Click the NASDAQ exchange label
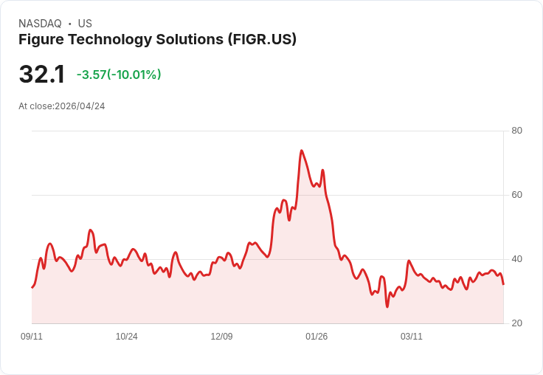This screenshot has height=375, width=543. (x=40, y=24)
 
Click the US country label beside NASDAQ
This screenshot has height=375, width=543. (x=85, y=24)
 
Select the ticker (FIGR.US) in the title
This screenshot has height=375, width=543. (x=262, y=39)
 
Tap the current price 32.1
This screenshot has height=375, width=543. (x=42, y=75)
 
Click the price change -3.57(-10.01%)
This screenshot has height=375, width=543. (x=119, y=75)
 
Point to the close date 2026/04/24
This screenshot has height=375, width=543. (x=80, y=106)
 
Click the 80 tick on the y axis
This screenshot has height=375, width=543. (x=516, y=131)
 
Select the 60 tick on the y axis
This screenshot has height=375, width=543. (x=516, y=195)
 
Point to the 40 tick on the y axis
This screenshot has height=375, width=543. (x=516, y=259)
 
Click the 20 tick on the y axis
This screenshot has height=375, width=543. (x=516, y=323)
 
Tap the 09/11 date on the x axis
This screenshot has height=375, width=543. (x=32, y=337)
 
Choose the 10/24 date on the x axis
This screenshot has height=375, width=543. (x=126, y=337)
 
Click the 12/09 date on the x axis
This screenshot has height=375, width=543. (x=221, y=337)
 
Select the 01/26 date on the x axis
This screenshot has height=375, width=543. (x=317, y=337)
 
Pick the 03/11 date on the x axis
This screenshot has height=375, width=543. (x=412, y=337)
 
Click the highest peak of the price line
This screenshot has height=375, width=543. (x=302, y=151)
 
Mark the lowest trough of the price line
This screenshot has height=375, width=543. (x=387, y=306)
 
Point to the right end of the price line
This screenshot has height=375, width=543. (x=503, y=284)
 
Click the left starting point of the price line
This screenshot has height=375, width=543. (x=32, y=288)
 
